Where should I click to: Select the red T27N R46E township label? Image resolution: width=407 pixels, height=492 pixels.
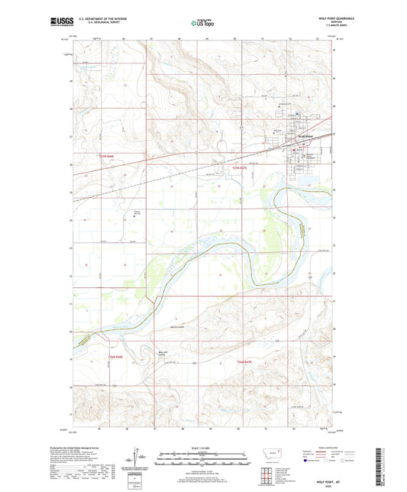(111, 155)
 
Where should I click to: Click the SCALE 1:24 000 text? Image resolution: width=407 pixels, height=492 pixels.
(203, 448)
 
